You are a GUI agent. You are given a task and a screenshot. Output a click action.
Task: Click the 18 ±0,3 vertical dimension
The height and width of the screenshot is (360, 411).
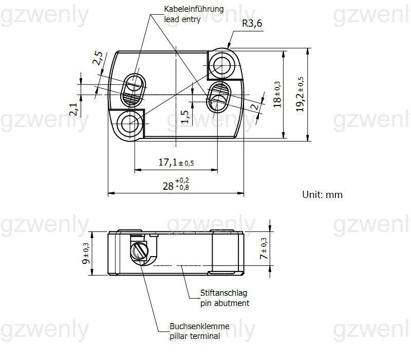coord(277,95)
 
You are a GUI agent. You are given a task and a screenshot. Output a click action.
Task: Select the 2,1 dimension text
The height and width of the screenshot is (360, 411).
coord(73,109)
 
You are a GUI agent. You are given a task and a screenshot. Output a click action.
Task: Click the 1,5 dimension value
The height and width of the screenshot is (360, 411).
coord(185,116)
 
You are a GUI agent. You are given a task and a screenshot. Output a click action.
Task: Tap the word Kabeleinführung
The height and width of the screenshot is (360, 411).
coord(194,9)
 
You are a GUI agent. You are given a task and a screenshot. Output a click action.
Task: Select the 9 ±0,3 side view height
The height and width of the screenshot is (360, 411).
coord(86,254)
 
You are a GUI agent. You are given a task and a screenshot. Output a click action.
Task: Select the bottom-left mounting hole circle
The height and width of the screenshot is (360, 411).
coord(128,122)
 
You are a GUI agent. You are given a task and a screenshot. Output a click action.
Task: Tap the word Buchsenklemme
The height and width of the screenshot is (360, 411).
coord(200,327)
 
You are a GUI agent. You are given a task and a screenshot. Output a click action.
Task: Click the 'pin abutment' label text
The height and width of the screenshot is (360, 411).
coord(224,303)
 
